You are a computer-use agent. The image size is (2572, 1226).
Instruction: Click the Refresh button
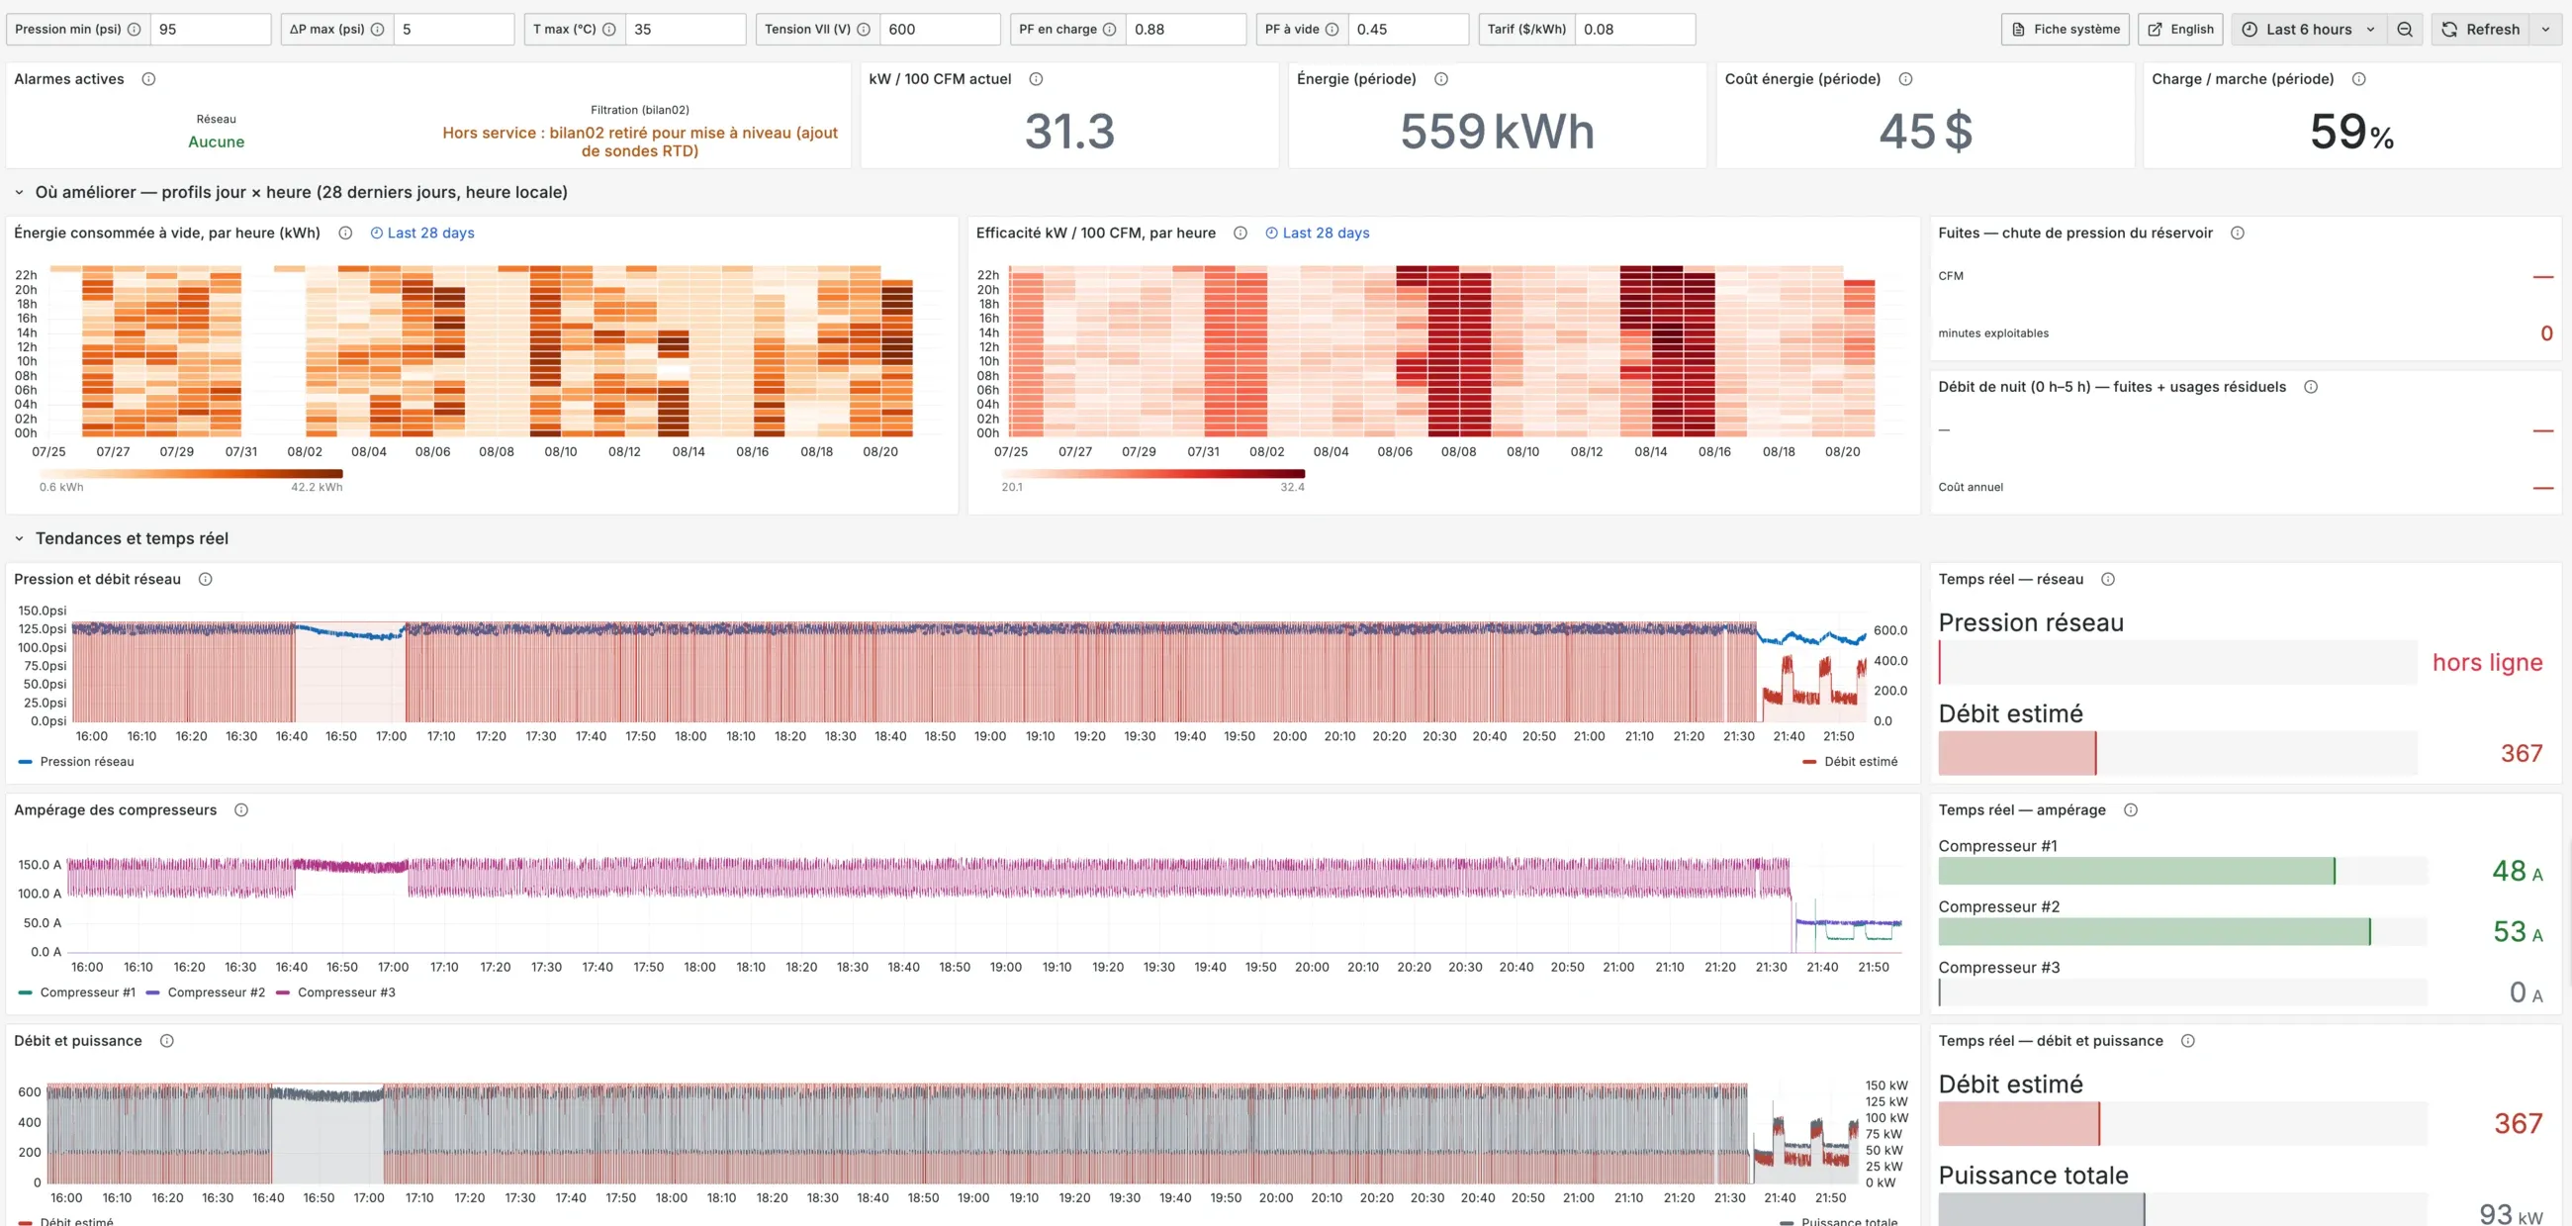[2480, 29]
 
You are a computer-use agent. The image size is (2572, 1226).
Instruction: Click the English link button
[2180, 29]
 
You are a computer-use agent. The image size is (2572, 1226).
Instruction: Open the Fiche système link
[2065, 29]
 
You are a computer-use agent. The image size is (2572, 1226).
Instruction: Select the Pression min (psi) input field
[210, 29]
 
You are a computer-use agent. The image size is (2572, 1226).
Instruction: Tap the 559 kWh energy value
[1497, 131]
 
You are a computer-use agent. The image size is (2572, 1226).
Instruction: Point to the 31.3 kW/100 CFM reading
[1069, 131]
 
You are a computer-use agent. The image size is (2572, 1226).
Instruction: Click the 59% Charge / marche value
[2351, 131]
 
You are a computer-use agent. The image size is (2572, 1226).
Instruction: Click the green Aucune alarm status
[216, 141]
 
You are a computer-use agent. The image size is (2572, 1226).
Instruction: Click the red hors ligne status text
[2487, 662]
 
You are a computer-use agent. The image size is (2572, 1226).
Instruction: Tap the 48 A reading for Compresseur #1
[2517, 871]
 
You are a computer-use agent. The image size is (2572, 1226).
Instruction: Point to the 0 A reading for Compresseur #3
[2526, 992]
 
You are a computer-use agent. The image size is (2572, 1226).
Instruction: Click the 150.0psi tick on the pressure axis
[42, 610]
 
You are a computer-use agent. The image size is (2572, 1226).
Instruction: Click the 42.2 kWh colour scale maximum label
[317, 487]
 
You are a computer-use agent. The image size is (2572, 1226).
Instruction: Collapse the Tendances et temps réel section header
[132, 538]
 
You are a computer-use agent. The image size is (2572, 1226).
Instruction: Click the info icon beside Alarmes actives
[148, 79]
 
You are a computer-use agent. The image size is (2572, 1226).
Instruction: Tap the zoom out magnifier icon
[2404, 29]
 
